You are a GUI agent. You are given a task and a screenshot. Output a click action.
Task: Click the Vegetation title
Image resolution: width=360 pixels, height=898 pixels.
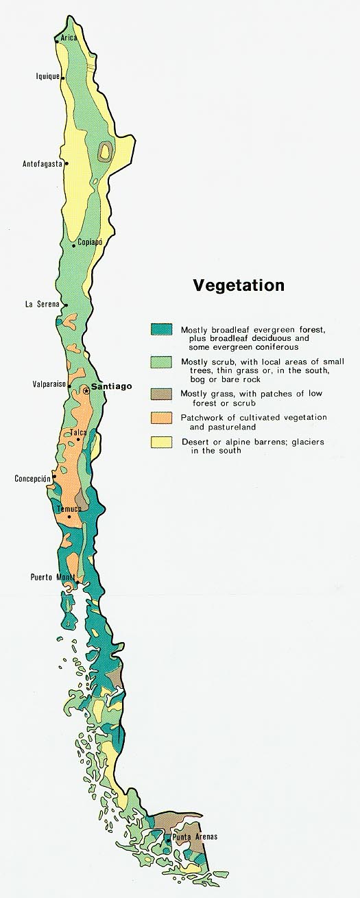pyautogui.click(x=238, y=285)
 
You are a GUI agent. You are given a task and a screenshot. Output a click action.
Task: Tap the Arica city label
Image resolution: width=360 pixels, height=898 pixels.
pyautogui.click(x=69, y=38)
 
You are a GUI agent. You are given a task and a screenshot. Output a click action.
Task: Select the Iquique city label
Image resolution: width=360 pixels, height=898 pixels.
pyautogui.click(x=47, y=78)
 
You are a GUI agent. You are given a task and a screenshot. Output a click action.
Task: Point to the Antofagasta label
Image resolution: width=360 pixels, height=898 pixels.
pyautogui.click(x=42, y=164)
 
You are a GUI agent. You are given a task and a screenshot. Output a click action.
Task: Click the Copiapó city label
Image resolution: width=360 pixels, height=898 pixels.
pyautogui.click(x=90, y=242)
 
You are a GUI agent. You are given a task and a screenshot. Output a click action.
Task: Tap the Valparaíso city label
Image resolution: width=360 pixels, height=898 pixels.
pyautogui.click(x=48, y=385)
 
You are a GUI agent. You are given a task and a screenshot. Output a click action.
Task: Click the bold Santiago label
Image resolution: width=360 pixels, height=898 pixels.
pyautogui.click(x=111, y=387)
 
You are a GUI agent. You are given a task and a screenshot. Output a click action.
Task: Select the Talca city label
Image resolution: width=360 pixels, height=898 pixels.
pyautogui.click(x=77, y=433)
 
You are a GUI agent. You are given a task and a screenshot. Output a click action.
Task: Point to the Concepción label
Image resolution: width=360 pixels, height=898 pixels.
pyautogui.click(x=32, y=478)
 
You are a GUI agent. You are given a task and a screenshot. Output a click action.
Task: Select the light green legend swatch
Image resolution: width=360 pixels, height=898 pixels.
pyautogui.click(x=161, y=362)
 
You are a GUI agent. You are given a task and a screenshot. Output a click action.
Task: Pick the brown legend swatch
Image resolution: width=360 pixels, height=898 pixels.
pyautogui.click(x=161, y=394)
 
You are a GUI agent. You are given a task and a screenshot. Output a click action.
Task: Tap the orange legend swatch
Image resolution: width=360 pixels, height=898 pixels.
pyautogui.click(x=161, y=417)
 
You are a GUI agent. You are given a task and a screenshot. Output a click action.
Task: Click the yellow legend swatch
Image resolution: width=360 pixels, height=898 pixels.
pyautogui.click(x=161, y=442)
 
